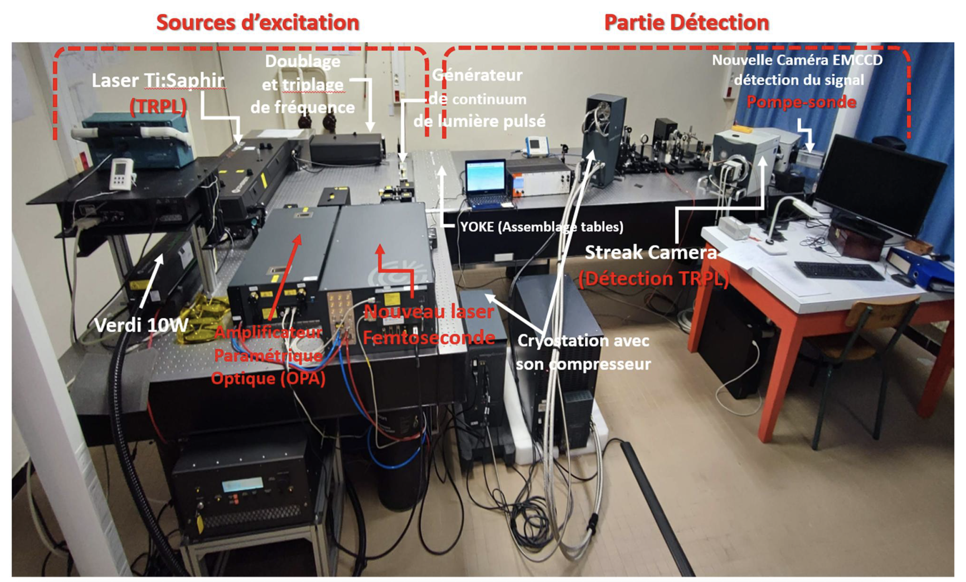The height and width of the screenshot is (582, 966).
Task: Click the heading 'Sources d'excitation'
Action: click(x=258, y=22)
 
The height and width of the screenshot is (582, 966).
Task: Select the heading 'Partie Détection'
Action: click(x=686, y=22)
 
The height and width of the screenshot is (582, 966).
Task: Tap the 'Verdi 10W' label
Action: click(x=141, y=325)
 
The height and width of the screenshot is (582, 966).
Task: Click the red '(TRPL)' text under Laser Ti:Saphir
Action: click(x=158, y=106)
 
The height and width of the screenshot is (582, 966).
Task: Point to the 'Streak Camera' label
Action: click(x=650, y=252)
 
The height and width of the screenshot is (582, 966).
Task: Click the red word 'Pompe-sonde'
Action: click(x=801, y=102)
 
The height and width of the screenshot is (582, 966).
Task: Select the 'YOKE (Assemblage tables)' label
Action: click(x=541, y=227)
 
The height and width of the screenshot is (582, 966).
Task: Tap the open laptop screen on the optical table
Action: click(x=485, y=176)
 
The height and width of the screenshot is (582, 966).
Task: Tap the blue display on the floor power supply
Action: click(x=242, y=485)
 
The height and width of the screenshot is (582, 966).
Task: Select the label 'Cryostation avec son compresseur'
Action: click(x=583, y=352)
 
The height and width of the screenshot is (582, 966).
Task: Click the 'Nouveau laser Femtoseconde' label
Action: click(x=429, y=324)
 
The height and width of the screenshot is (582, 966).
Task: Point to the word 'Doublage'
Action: click(x=303, y=61)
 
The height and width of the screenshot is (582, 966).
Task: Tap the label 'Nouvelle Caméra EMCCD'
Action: click(x=797, y=60)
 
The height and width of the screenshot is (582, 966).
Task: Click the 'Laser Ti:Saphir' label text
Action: click(x=158, y=81)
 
